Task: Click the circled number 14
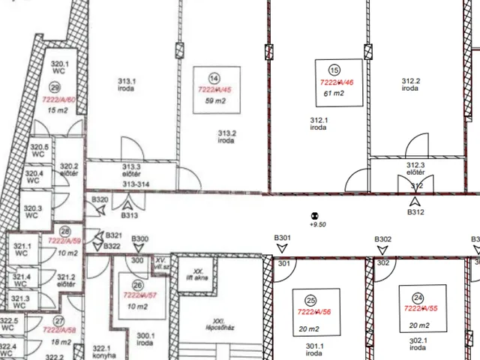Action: tap(214, 78)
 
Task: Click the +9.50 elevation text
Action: tap(318, 223)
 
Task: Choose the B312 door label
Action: tap(415, 212)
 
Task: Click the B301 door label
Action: tap(282, 238)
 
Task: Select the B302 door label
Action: tap(383, 239)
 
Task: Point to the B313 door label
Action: tap(130, 215)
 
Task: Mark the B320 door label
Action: tap(100, 199)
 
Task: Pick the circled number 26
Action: tap(136, 285)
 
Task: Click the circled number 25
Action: tap(310, 300)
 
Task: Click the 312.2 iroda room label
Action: tap(410, 84)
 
